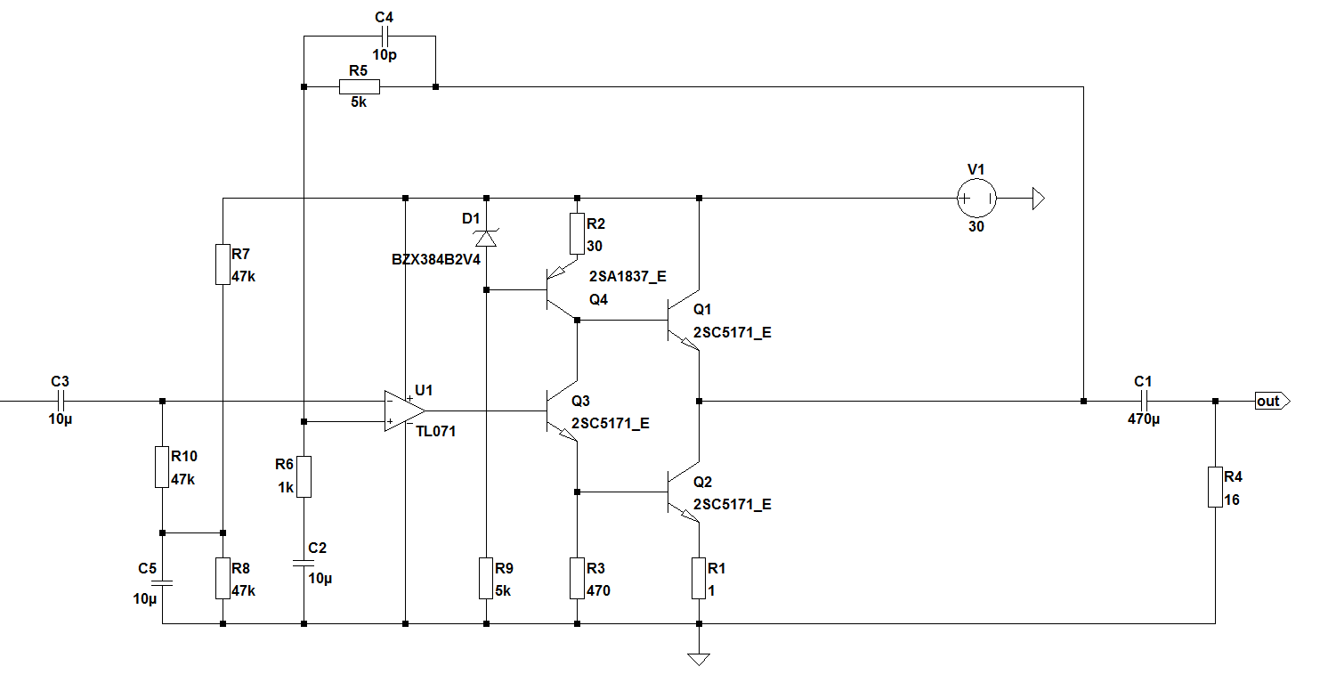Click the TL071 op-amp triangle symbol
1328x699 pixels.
pyautogui.click(x=403, y=410)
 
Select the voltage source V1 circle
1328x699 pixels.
pyautogui.click(x=976, y=198)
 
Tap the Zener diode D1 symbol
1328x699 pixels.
pyautogui.click(x=486, y=237)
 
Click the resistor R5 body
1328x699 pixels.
pyautogui.click(x=360, y=86)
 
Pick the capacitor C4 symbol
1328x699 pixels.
pyautogui.click(x=385, y=37)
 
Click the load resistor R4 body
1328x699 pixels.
pyautogui.click(x=1215, y=486)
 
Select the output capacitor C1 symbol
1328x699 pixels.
pyautogui.click(x=1143, y=401)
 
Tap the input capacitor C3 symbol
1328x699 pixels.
pyautogui.click(x=60, y=401)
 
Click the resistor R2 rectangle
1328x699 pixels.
pyautogui.click(x=577, y=233)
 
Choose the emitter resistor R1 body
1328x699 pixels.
pyautogui.click(x=699, y=578)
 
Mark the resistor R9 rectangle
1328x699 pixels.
pyautogui.click(x=486, y=578)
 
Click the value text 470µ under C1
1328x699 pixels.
pyautogui.click(x=1144, y=419)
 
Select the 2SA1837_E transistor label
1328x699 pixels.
pyautogui.click(x=628, y=277)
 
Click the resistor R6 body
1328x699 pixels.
pyautogui.click(x=304, y=475)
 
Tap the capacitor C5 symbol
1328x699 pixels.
pyautogui.click(x=162, y=583)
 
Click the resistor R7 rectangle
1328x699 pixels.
pyautogui.click(x=223, y=264)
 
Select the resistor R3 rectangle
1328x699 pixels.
pyautogui.click(x=577, y=578)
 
